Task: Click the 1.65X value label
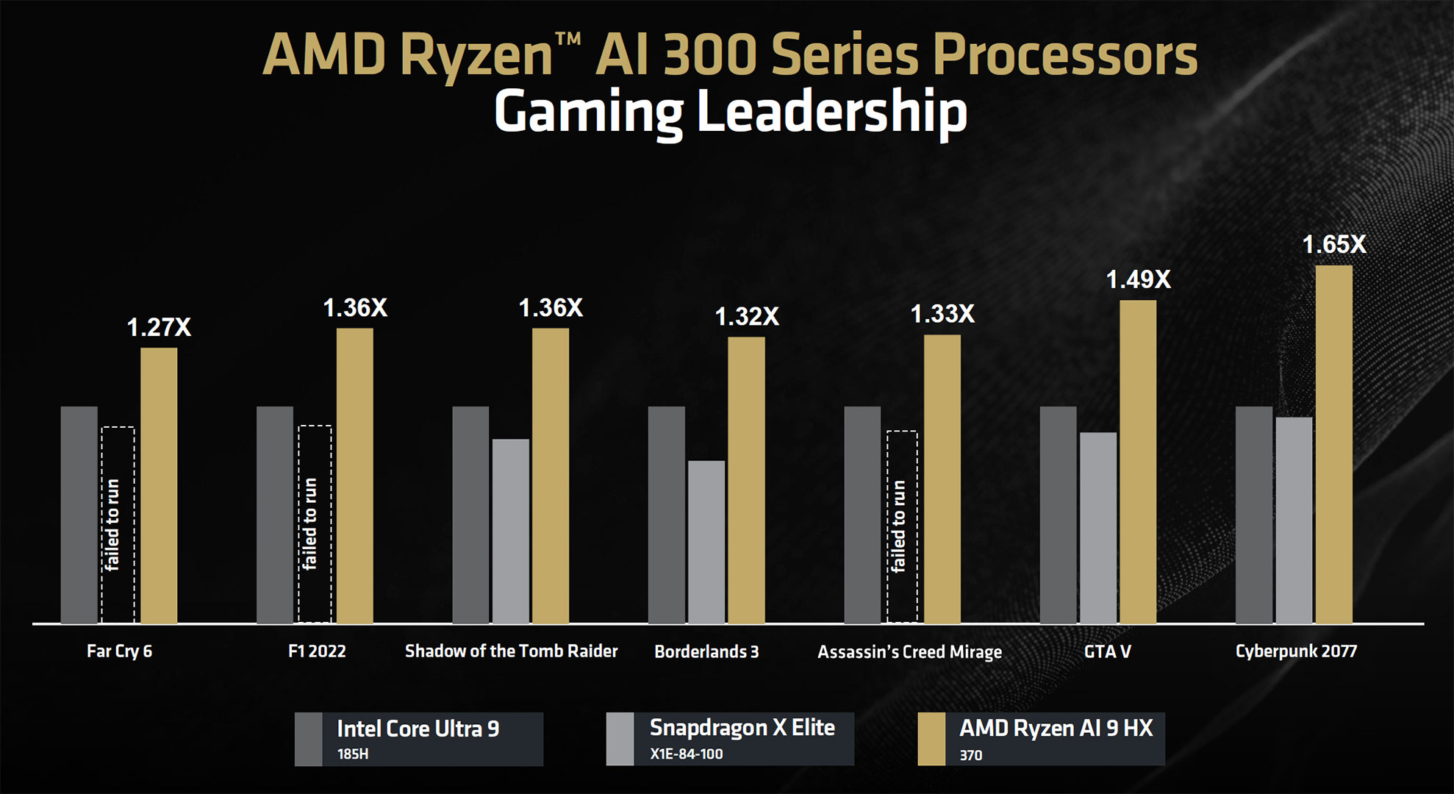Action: [1333, 245]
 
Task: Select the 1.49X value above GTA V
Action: [1138, 280]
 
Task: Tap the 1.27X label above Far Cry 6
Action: [159, 328]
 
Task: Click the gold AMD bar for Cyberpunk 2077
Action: [1333, 445]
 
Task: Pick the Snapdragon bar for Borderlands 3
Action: [706, 542]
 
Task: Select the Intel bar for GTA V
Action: [1058, 515]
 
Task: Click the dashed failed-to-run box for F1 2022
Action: [315, 524]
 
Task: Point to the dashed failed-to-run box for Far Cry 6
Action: [118, 525]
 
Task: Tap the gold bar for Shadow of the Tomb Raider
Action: [551, 476]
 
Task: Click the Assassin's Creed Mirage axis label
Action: [909, 652]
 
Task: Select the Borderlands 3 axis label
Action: [706, 652]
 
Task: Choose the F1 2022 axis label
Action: [317, 651]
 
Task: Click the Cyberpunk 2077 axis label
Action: [1296, 651]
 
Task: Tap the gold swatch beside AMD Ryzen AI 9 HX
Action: [931, 739]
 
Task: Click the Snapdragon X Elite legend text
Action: [742, 728]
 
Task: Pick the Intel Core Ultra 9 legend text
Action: [418, 729]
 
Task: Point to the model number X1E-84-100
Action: [686, 754]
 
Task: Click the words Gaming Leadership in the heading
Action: [730, 112]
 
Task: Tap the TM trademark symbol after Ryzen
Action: [567, 40]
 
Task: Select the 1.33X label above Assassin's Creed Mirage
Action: [942, 315]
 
